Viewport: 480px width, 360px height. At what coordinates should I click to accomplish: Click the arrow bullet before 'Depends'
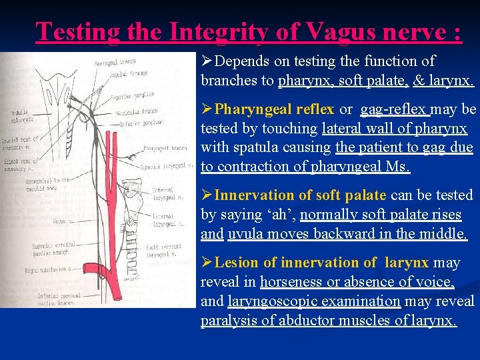207,61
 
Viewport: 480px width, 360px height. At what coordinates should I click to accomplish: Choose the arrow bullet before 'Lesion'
207,263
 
